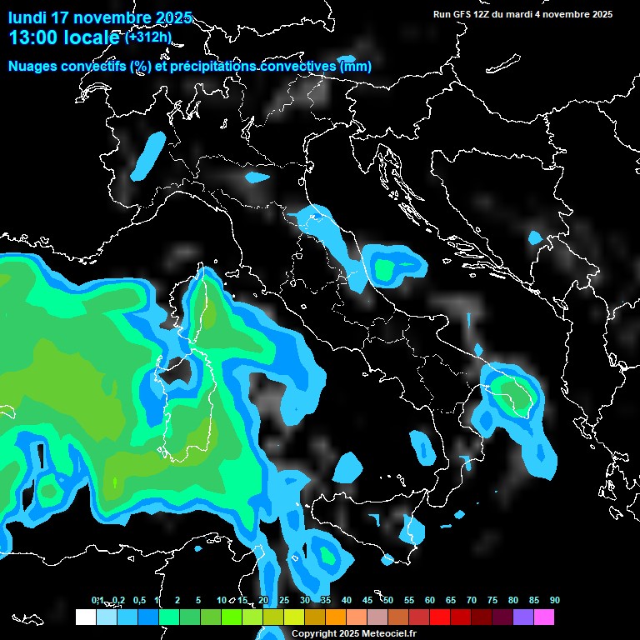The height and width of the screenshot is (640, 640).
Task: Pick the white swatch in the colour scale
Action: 85,617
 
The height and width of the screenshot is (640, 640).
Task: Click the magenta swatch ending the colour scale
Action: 544,617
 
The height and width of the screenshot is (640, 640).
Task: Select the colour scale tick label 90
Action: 555,601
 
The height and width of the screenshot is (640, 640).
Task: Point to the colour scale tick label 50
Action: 388,601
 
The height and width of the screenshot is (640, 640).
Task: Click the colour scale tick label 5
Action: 198,601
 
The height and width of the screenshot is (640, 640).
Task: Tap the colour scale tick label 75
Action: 492,601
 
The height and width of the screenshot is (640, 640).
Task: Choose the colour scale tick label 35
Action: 326,601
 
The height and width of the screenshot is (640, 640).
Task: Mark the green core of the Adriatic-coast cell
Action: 384,268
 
